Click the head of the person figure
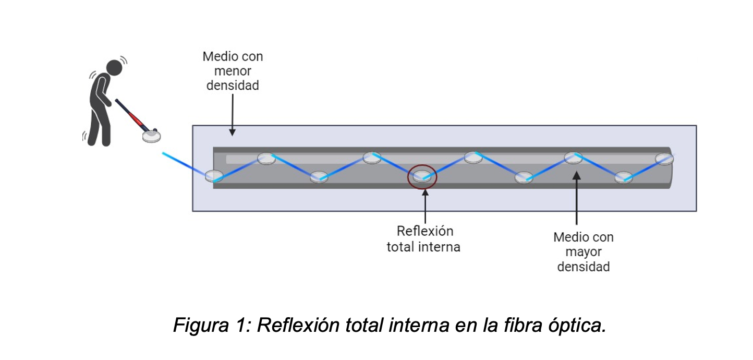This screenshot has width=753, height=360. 114,67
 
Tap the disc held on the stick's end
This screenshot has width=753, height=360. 152,136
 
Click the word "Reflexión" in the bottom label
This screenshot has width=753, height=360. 425,231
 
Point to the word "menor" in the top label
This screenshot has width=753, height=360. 233,71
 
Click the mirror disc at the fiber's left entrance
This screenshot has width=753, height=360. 214,176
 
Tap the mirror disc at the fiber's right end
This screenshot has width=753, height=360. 664,158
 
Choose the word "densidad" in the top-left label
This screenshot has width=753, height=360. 233,85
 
